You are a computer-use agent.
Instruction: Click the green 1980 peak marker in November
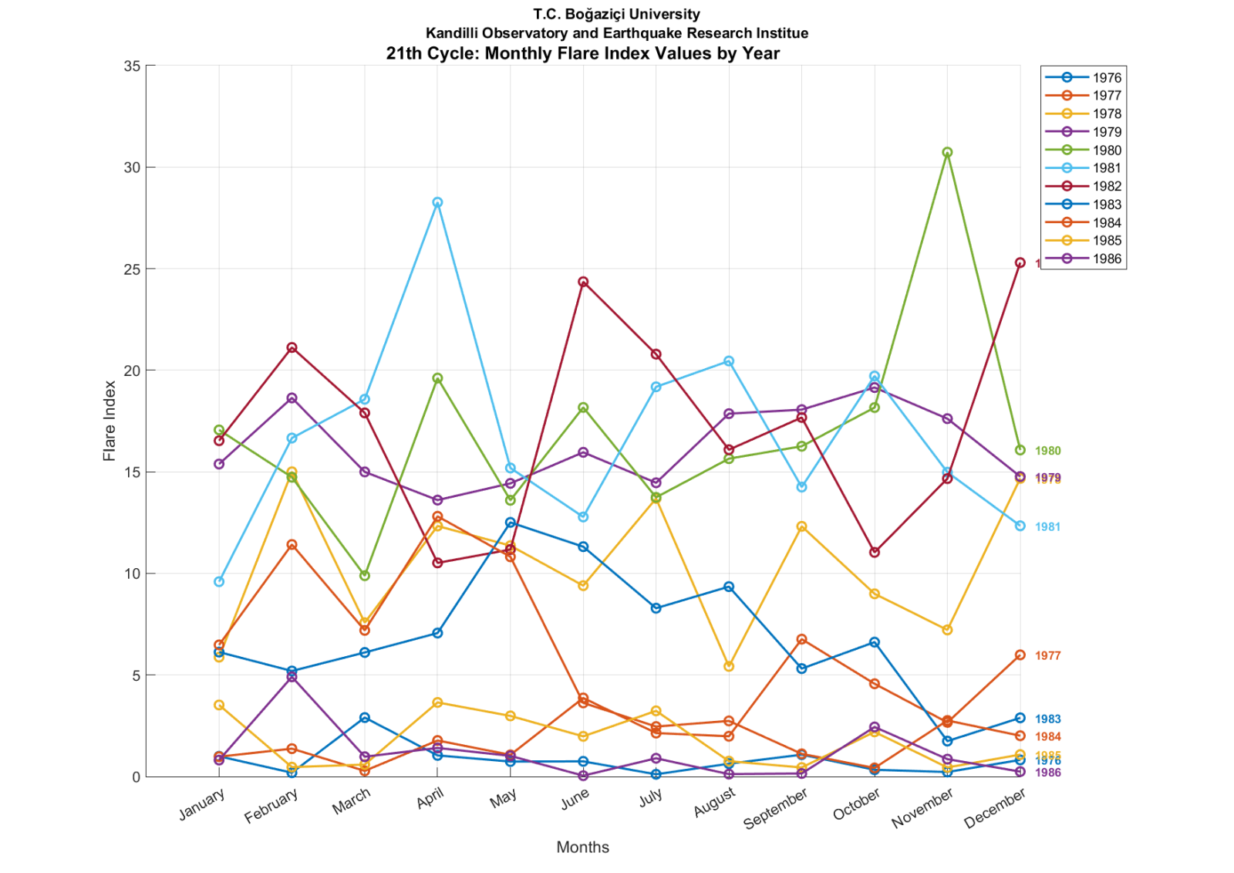(947, 152)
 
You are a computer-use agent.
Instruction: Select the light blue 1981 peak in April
(437, 202)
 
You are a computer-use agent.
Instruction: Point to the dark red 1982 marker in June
(583, 282)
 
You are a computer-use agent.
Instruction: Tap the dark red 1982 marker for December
(1020, 262)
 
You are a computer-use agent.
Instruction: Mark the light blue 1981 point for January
(219, 581)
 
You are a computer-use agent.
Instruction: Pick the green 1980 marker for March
(365, 575)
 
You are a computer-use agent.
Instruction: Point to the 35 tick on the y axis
(132, 66)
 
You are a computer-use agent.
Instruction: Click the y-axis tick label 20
(132, 371)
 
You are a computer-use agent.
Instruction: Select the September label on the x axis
(775, 809)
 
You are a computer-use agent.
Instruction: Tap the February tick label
(271, 807)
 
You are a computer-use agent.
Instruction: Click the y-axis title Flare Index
(110, 421)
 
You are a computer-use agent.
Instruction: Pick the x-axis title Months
(582, 847)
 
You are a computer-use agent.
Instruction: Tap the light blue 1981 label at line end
(1047, 526)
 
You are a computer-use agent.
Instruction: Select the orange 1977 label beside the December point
(1047, 655)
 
